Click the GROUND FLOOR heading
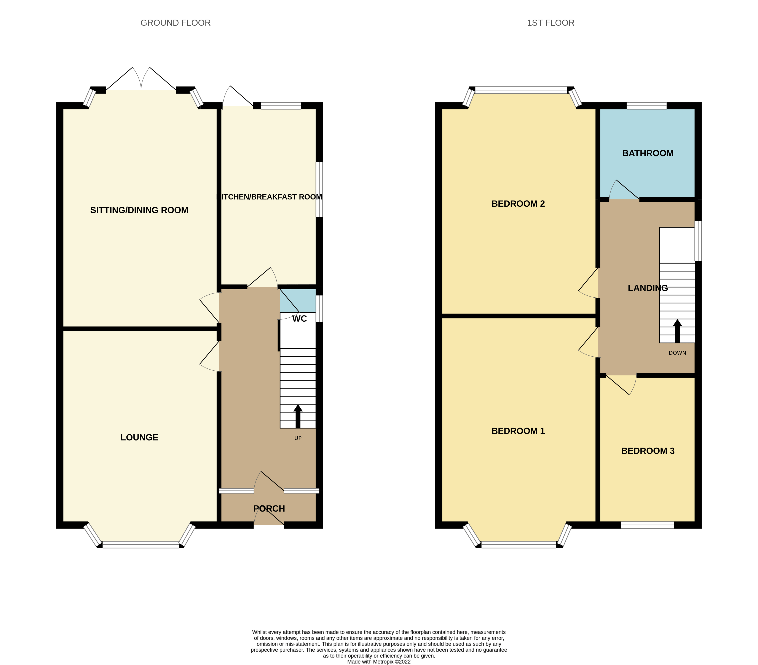(x=176, y=23)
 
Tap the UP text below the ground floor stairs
(x=298, y=438)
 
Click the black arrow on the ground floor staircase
(x=298, y=416)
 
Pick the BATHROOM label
(x=648, y=153)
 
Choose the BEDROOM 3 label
(x=648, y=451)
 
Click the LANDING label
(x=648, y=288)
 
